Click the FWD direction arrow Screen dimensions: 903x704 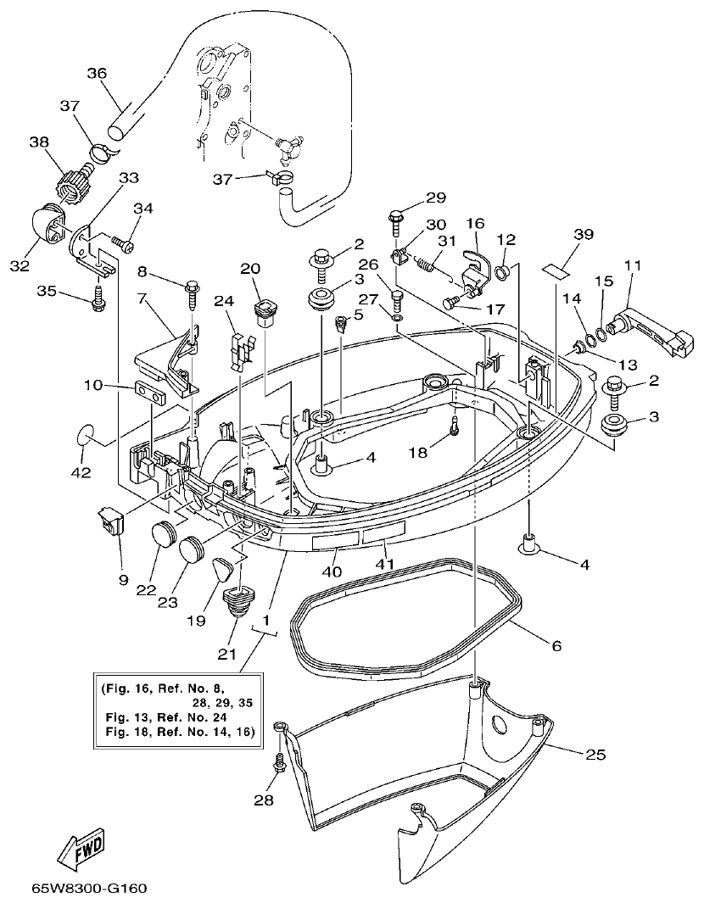click(x=81, y=849)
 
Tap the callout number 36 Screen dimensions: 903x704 click(x=97, y=74)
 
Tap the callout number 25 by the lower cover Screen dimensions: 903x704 click(x=595, y=753)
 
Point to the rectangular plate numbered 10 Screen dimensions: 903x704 click(x=149, y=394)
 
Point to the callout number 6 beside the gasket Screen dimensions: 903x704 click(x=556, y=645)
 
